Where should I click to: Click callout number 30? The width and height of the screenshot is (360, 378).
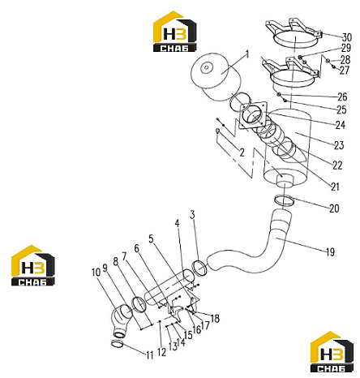347,37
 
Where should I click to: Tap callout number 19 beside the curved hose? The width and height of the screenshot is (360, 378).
330,252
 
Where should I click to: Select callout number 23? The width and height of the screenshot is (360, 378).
339,145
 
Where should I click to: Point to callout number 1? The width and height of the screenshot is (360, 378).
246,54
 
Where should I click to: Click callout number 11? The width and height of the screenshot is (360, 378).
150,355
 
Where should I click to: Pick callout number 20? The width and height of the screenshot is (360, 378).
334,208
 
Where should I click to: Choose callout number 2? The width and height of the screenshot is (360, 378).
242,152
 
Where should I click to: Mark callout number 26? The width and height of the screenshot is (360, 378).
342,97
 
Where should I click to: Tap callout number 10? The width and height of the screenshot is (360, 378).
96,273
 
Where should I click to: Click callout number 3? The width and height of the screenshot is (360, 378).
192,215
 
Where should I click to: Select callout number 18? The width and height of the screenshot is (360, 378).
215,318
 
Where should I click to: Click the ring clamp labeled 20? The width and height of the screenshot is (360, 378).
284,200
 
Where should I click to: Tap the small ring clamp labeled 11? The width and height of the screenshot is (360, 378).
118,343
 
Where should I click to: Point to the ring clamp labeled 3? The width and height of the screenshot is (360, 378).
199,268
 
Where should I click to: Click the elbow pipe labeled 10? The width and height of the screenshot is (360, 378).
121,320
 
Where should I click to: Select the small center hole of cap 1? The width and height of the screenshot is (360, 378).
207,67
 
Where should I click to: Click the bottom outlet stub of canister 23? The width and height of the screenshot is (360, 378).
285,182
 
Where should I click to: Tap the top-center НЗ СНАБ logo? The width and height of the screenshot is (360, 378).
174,32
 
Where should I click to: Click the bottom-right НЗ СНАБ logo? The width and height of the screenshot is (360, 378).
332,352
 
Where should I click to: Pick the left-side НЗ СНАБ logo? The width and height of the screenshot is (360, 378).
32,265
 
